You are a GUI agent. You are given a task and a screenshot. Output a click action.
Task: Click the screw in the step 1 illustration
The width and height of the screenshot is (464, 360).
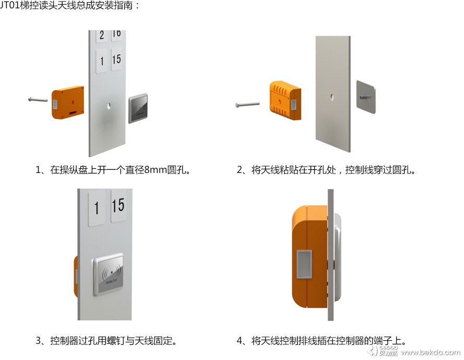pos(38,100)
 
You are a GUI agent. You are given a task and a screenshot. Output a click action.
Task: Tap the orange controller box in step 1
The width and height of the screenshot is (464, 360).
pos(68,102)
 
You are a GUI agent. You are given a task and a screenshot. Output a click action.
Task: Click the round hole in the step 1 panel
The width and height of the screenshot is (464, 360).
pos(109,106)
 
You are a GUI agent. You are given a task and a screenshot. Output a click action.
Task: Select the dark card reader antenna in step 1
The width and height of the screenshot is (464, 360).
pos(138,108)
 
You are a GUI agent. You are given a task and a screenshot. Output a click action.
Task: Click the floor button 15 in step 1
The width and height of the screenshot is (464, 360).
pos(116,59)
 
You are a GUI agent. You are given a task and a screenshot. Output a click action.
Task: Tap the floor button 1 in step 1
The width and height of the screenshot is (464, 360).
pos(102,61)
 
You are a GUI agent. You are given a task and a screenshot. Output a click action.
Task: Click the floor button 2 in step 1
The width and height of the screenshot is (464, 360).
pos(102,35)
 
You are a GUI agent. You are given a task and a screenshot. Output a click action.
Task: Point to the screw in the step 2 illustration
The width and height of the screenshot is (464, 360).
pos(248,104)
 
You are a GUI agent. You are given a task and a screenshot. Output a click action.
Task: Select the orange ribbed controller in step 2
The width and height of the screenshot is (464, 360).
pos(285,101)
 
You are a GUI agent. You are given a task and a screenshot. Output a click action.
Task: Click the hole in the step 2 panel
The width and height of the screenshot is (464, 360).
pos(332,97)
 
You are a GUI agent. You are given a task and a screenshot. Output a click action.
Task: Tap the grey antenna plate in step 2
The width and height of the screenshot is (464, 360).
pos(366,97)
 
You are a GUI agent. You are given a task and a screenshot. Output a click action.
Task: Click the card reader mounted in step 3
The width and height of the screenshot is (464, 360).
pos(108,274)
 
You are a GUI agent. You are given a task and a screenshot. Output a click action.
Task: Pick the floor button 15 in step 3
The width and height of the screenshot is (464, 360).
pos(118,206)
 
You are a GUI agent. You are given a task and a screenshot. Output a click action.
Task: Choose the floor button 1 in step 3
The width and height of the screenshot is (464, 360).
pos(97,208)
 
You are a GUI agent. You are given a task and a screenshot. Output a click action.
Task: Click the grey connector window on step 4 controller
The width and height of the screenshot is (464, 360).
pos(304,265)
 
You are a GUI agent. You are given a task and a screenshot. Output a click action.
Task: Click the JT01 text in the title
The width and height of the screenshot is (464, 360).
pos(10,5)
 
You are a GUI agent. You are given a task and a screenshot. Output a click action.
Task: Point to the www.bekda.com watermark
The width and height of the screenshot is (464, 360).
pos(431,352)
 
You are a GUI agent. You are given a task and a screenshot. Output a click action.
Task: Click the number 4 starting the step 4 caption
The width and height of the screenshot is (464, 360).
pos(240,341)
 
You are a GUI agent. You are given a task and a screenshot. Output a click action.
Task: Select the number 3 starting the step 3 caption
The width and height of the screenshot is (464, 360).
pos(39,341)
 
